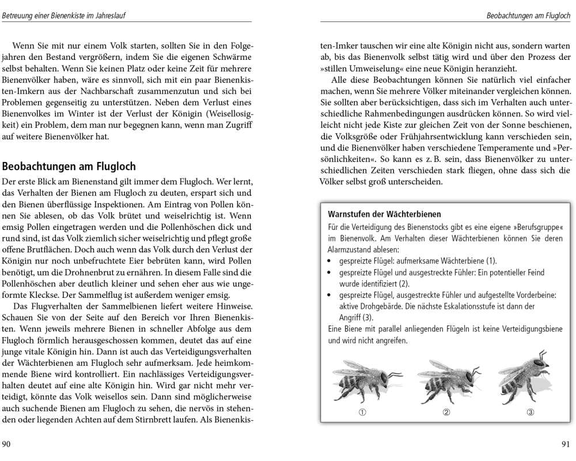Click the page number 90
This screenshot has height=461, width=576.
tap(6, 444)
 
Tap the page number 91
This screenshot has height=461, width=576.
tap(565, 444)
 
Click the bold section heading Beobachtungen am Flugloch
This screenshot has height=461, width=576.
tap(69, 167)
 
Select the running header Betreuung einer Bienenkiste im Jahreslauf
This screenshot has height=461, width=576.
tap(64, 16)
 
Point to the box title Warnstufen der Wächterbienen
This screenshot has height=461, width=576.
tap(384, 214)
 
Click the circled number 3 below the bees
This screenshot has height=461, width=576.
tap(530, 412)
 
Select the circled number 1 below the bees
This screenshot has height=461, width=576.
tap(362, 412)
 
